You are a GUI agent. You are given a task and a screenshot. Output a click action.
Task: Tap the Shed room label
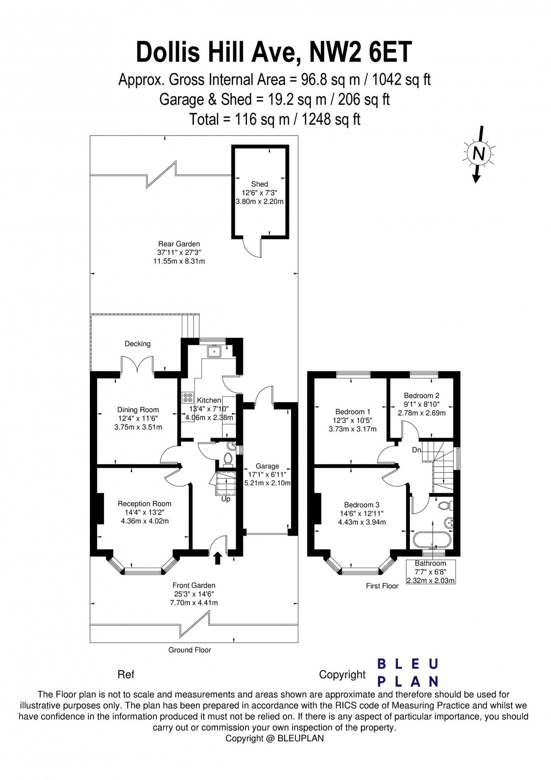(x=259, y=184)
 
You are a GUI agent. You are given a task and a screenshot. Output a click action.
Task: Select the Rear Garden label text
(x=179, y=244)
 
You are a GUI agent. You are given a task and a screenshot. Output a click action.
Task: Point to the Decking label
(x=138, y=344)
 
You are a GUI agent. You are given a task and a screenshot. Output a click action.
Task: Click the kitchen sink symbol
(x=214, y=351)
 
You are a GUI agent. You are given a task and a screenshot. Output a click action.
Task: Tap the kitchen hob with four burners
(x=188, y=397)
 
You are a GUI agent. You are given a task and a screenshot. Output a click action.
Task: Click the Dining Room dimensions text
(x=138, y=423)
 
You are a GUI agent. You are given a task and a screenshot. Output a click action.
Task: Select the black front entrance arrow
(x=217, y=558)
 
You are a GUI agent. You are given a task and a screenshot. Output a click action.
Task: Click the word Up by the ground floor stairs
(x=226, y=499)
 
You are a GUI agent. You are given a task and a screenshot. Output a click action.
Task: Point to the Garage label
(x=267, y=466)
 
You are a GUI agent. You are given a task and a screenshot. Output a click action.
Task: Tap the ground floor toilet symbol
(x=228, y=458)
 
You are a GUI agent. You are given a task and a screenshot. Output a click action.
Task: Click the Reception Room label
(x=145, y=504)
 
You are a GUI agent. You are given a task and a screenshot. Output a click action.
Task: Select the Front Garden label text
(x=194, y=585)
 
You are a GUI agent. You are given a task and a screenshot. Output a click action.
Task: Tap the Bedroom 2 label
(x=421, y=395)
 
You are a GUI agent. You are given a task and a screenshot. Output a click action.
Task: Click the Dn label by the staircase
(x=416, y=450)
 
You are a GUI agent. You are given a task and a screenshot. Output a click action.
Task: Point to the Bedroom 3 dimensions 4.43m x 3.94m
(x=362, y=522)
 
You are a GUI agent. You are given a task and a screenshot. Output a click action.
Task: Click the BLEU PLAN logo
(x=408, y=673)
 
